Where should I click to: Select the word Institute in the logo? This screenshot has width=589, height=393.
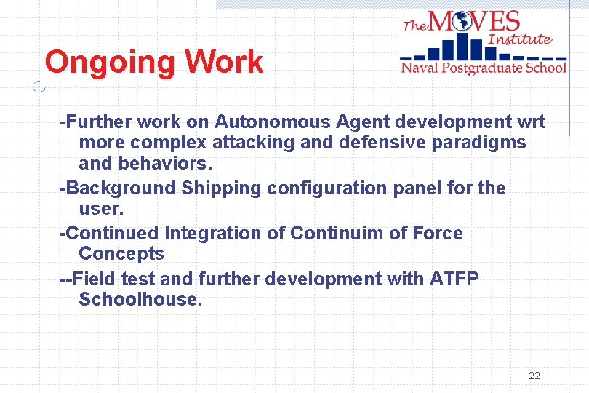pyautogui.click(x=520, y=39)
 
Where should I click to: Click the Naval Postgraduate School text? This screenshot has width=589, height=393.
pyautogui.click(x=484, y=68)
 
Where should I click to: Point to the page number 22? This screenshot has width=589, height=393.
pyautogui.click(x=534, y=376)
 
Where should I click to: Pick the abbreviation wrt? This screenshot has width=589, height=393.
pyautogui.click(x=530, y=122)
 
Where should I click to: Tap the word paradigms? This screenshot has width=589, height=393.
pyautogui.click(x=478, y=142)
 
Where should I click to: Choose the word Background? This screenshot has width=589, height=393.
pyautogui.click(x=121, y=188)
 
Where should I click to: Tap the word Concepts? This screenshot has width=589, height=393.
pyautogui.click(x=121, y=254)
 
